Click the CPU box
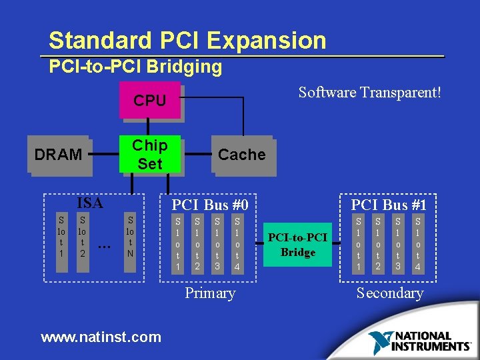[150, 101]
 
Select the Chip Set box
[150, 155]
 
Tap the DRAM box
[58, 155]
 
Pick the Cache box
[241, 155]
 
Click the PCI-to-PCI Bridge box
[297, 245]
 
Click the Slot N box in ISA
[131, 236]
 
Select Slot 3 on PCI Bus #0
[217, 242]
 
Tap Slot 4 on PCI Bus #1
[418, 242]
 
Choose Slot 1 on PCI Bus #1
[359, 242]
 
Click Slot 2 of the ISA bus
[82, 236]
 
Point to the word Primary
[210, 293]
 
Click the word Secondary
[390, 293]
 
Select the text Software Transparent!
[369, 92]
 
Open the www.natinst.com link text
[101, 337]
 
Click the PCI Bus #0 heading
[210, 205]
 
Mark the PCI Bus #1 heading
[389, 205]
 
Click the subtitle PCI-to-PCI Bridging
[135, 67]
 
